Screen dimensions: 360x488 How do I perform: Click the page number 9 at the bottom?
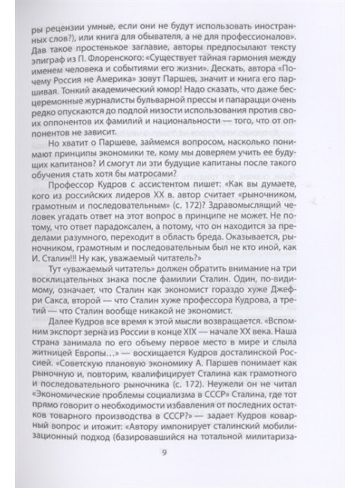pos(174,451)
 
